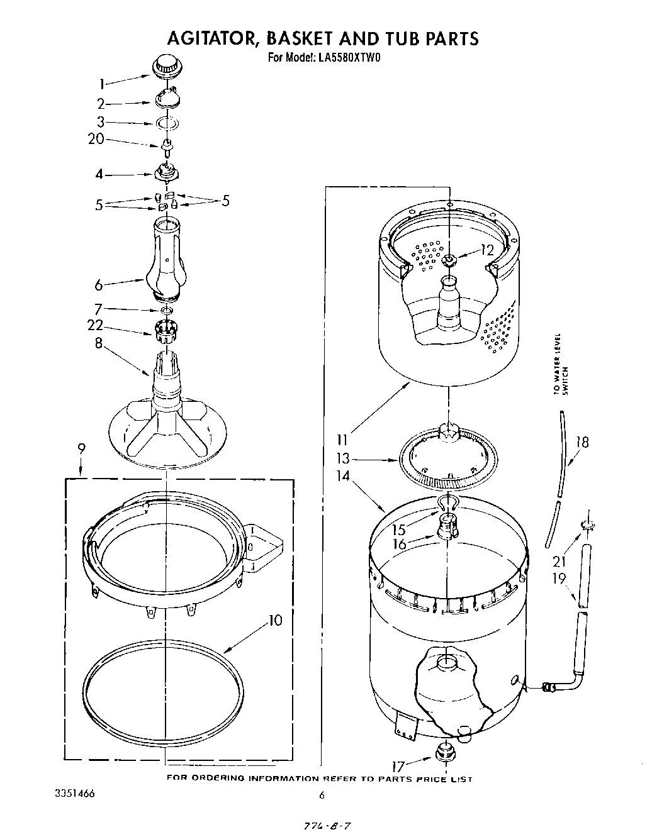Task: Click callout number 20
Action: pos(96,139)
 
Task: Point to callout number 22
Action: pos(96,325)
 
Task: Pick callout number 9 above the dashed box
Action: pos(82,448)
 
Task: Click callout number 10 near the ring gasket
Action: pos(274,620)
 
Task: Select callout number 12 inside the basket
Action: pos(487,250)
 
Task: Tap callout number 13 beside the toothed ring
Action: pos(343,459)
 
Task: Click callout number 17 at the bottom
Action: pos(398,766)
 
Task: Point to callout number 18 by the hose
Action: pos(582,442)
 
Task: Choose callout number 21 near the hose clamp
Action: pos(559,562)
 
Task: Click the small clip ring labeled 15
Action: pos(447,501)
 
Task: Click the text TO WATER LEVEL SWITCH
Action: pos(560,372)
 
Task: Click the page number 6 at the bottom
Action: pos(322,795)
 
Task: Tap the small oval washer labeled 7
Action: pos(166,310)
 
